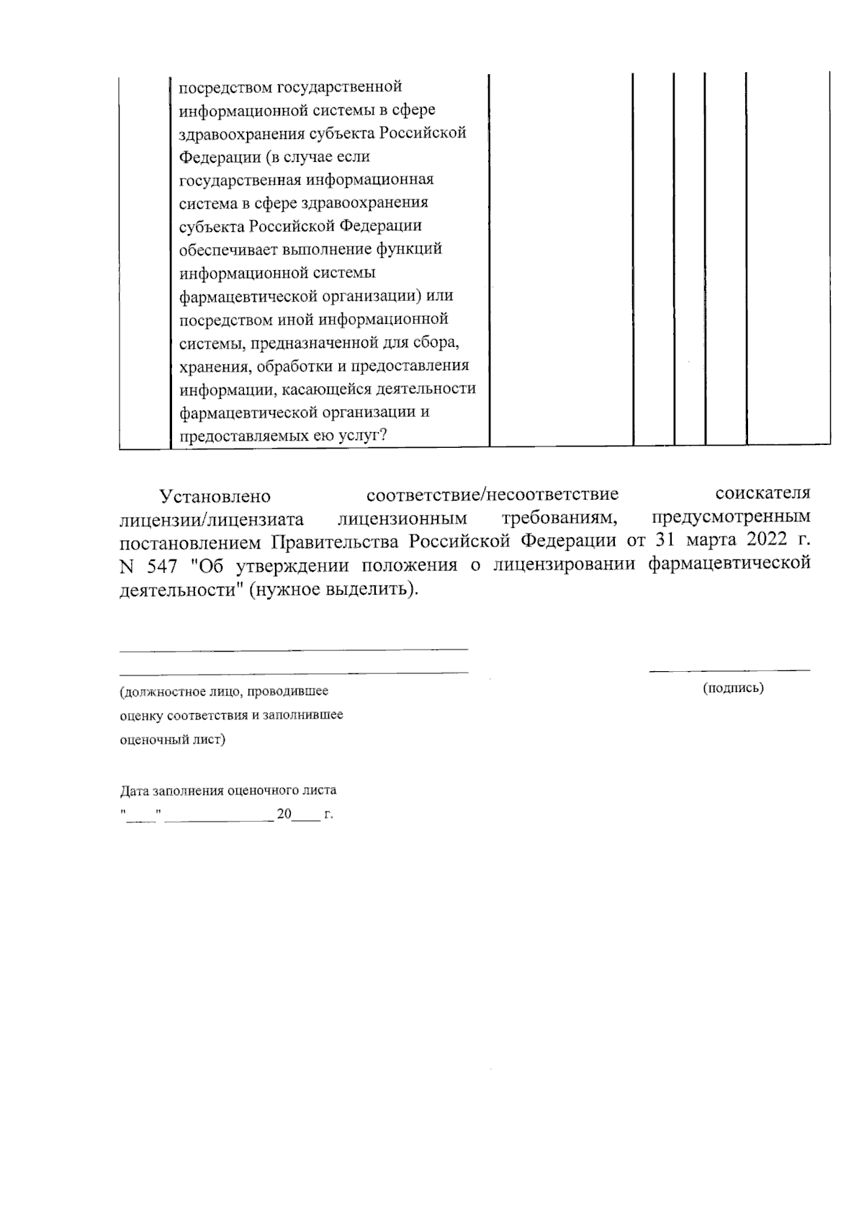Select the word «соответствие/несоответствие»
(x=492, y=495)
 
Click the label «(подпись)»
(x=733, y=688)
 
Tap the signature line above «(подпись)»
(x=729, y=671)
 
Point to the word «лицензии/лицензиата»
(x=212, y=518)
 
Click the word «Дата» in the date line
(x=134, y=789)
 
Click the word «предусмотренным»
(x=730, y=517)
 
